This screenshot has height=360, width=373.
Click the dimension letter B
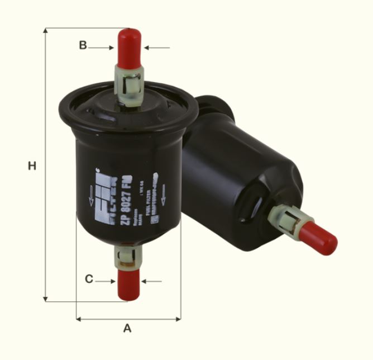(83, 46)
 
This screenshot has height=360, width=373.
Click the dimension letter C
(89, 279)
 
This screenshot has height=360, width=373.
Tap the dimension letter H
(32, 166)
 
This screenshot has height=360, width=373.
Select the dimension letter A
(127, 328)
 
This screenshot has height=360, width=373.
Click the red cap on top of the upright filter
(129, 46)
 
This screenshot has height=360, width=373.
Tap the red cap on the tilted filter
(322, 238)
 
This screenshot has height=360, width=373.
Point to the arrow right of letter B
(102, 48)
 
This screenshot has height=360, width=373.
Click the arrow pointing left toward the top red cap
(157, 48)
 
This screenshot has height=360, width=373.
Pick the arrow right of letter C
(106, 281)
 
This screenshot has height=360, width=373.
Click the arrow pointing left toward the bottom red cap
(152, 281)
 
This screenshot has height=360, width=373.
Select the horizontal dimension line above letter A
(128, 319)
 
